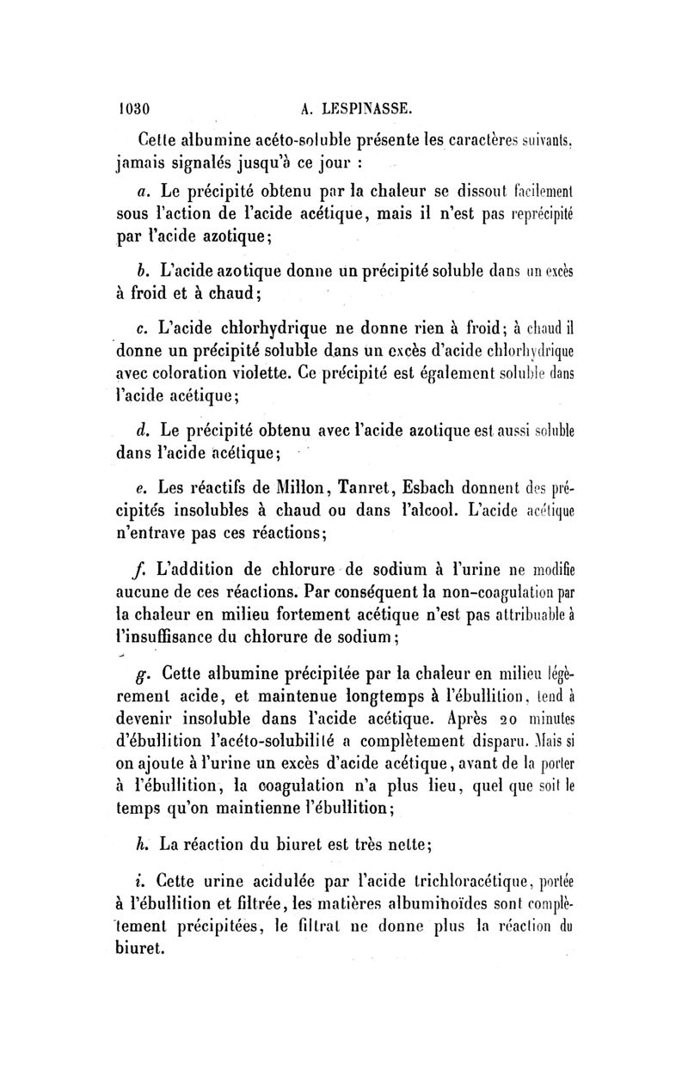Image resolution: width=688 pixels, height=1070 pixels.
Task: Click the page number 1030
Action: click(x=135, y=109)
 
